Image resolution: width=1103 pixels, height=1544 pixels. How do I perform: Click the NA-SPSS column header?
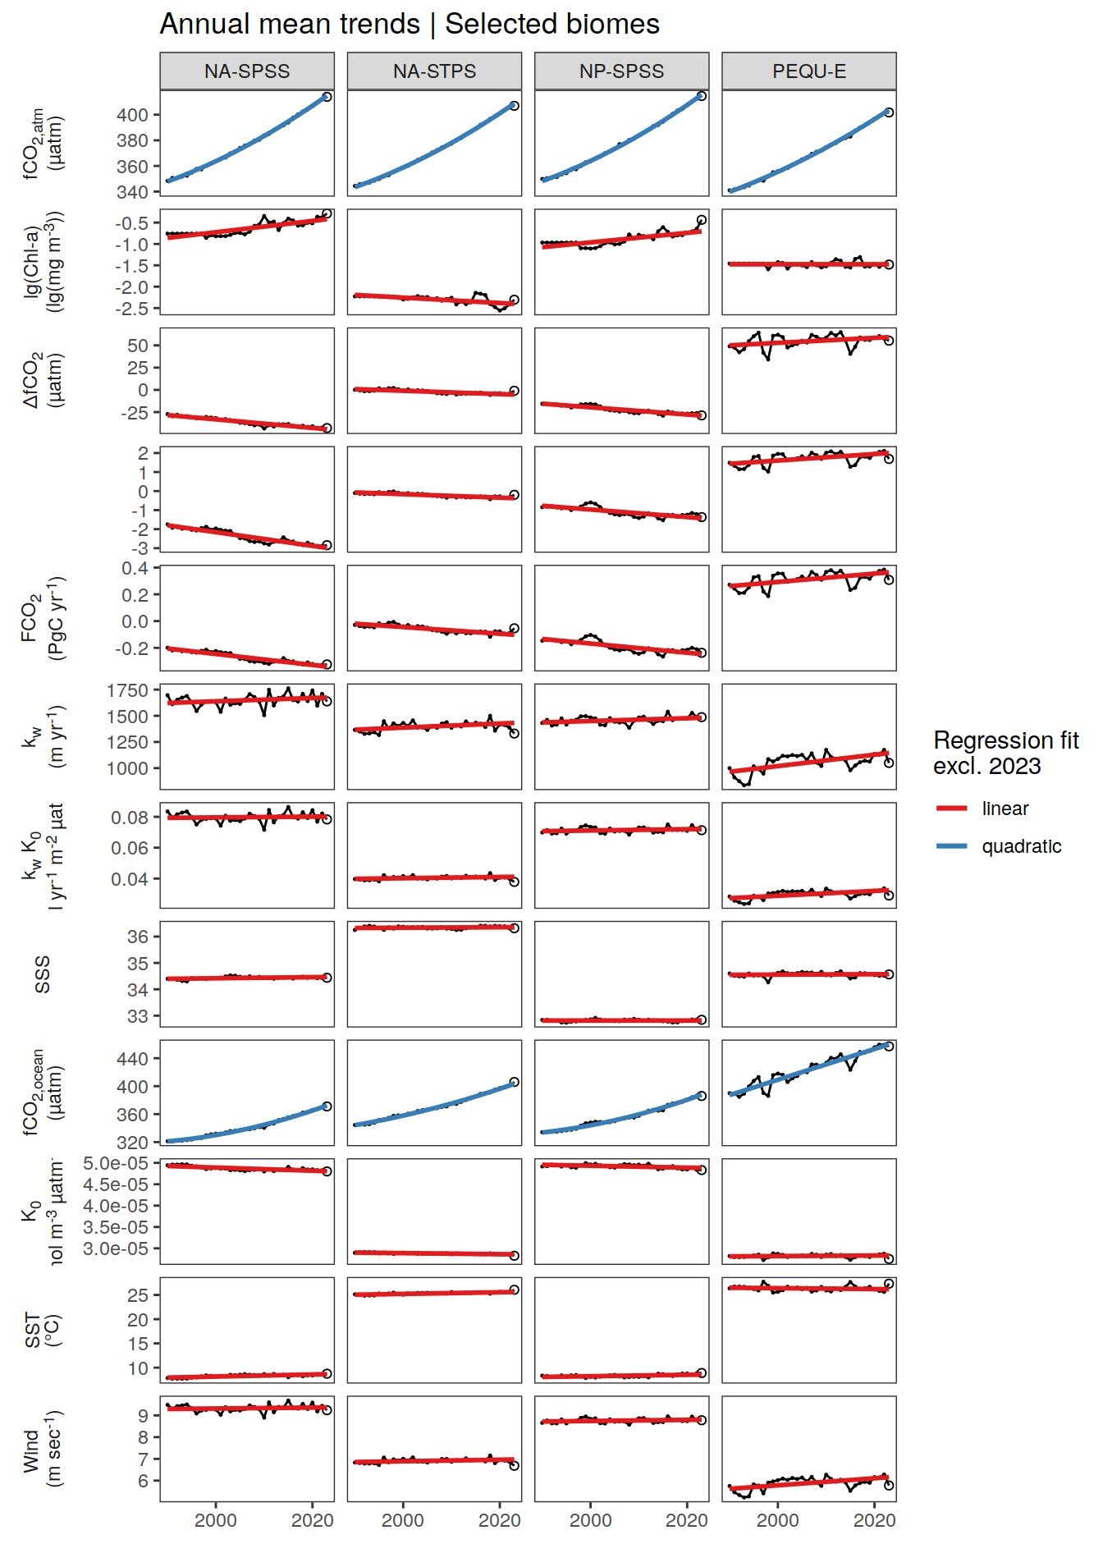tap(247, 71)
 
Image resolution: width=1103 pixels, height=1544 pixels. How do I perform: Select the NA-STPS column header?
tap(434, 71)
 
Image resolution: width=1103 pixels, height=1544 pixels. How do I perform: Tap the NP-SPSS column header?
tap(621, 71)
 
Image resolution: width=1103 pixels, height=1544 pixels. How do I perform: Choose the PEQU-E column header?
tap(808, 71)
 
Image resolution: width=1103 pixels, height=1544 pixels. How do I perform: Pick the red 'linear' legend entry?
tap(1005, 809)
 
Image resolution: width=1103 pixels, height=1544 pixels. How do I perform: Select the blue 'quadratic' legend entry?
tap(1021, 846)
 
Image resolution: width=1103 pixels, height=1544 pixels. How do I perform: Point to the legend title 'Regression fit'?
tap(1005, 740)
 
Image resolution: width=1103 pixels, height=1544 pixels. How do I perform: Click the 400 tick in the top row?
tap(132, 115)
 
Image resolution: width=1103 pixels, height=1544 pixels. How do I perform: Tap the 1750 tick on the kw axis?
tap(127, 690)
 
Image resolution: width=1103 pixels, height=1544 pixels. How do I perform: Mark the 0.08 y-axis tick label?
tap(130, 818)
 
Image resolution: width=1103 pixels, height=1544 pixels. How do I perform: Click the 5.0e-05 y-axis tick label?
tap(116, 1163)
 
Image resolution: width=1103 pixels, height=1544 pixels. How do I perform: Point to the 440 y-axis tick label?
tap(132, 1059)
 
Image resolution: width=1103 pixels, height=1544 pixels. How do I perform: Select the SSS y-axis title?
tap(43, 974)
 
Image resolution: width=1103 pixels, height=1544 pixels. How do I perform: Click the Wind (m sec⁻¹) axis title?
tap(43, 1450)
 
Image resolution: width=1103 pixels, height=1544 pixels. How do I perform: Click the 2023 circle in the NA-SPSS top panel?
tap(327, 97)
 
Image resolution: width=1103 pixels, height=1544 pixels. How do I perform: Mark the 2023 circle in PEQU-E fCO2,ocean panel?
tap(889, 1047)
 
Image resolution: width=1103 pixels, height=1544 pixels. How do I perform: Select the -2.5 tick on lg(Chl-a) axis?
tap(132, 309)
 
